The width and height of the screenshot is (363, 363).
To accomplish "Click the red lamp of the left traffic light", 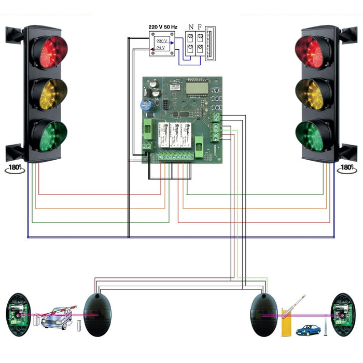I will pos(49,51).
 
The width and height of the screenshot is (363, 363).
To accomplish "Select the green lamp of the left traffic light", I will pos(49,135).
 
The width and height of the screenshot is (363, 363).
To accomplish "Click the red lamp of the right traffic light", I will pos(313,51).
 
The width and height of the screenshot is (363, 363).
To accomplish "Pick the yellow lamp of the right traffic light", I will pos(313,93).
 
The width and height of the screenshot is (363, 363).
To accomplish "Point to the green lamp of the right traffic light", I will pos(313,135).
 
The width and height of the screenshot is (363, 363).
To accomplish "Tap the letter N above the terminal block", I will pos(191,26).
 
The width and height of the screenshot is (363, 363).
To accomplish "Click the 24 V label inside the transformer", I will pos(162,48).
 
